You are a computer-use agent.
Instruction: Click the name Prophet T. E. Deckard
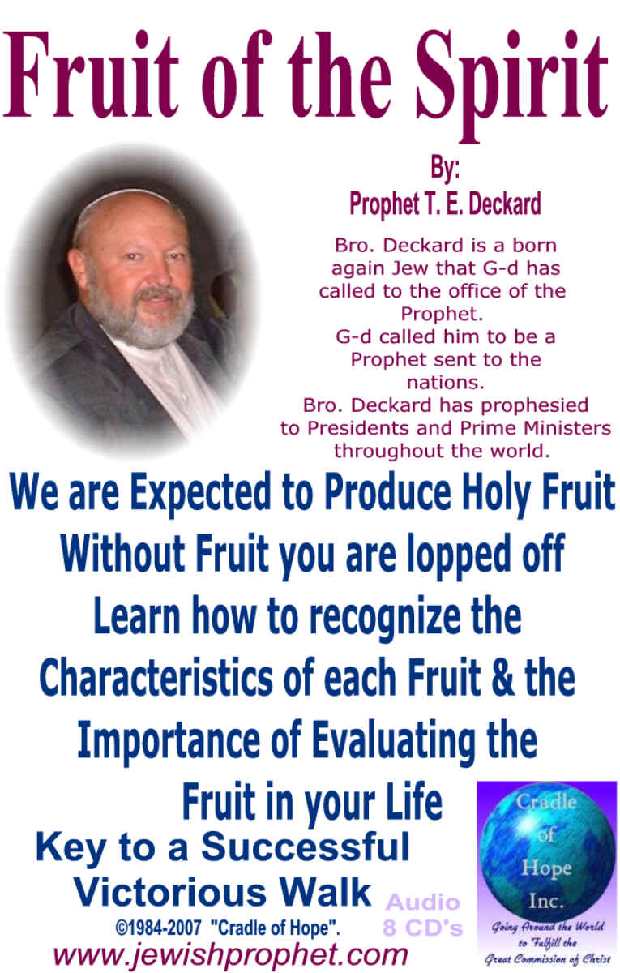(446, 204)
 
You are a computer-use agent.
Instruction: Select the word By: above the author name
(445, 169)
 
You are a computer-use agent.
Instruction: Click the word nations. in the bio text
(446, 383)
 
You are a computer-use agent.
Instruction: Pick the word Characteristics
(156, 678)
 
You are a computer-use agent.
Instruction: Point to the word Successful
(306, 847)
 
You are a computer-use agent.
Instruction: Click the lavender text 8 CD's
(422, 928)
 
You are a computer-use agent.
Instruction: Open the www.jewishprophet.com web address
(230, 955)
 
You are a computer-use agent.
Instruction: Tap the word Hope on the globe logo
(546, 868)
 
